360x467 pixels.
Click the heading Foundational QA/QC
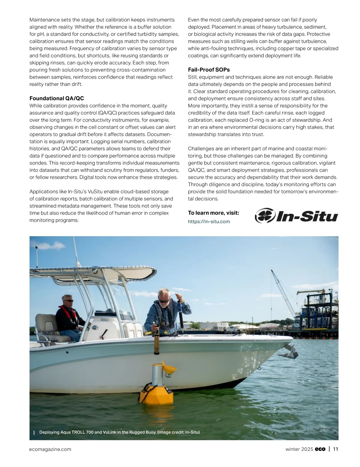tap(57, 98)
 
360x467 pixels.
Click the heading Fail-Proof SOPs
tap(209, 70)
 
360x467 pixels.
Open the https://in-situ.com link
tap(209, 222)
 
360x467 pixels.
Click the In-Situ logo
tap(296, 216)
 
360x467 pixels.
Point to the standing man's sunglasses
tap(163, 301)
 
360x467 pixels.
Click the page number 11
tap(335, 449)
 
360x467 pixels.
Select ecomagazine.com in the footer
tap(50, 449)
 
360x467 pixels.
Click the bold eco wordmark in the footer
tap(320, 449)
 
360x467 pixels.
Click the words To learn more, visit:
tap(214, 213)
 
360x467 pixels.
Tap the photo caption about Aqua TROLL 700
tap(119, 432)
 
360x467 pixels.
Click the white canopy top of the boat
tap(120, 271)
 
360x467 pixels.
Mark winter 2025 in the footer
tap(299, 449)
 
